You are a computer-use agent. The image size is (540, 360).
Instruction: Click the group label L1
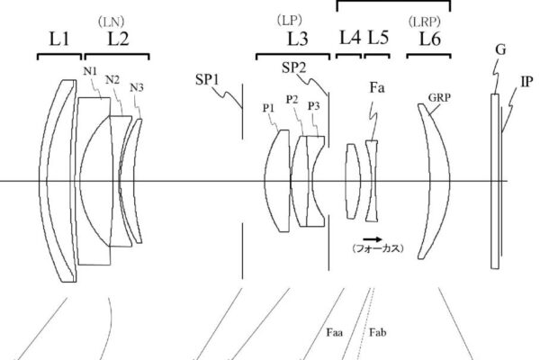coord(59,39)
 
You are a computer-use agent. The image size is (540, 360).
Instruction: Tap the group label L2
coord(119,39)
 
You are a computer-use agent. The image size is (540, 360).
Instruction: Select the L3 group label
coord(298,39)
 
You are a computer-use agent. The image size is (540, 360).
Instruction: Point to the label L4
coord(350,37)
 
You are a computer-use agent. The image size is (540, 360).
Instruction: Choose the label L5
coord(379,37)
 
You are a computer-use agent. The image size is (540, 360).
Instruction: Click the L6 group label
coord(430,39)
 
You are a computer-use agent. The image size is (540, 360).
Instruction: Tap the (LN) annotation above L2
coord(111,22)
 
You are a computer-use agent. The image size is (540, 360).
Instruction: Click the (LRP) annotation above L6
coord(424,22)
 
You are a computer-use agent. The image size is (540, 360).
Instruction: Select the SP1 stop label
coord(207,79)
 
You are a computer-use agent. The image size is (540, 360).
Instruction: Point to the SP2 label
coord(293,67)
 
